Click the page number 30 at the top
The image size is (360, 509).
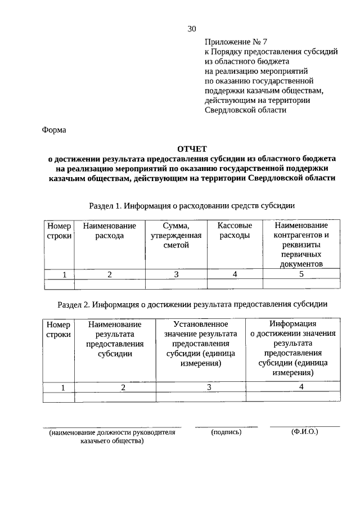192,29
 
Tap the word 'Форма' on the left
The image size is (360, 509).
54,130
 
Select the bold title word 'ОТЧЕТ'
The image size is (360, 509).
192,149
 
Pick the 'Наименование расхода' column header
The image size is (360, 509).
109,231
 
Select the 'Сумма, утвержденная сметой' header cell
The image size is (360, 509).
176,235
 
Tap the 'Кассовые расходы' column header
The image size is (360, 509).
235,231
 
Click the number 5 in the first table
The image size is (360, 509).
301,274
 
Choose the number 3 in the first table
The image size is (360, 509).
176,274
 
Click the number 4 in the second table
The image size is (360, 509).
301,387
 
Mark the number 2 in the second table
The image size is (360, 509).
122,388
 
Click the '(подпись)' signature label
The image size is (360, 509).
226,432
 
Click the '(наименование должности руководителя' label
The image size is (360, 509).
112,433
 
